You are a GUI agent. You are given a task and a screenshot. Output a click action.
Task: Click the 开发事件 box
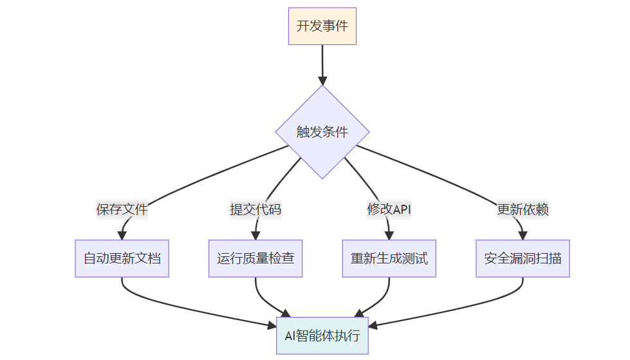322,26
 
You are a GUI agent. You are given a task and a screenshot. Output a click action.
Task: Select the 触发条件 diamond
322,132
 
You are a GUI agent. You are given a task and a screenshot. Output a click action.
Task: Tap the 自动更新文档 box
122,259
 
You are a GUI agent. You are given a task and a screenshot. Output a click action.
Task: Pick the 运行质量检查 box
255,259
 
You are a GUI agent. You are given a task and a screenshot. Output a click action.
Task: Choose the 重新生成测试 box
389,259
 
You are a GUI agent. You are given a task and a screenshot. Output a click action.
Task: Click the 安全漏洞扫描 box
523,259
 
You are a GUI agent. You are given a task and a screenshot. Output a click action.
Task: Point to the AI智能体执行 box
322,336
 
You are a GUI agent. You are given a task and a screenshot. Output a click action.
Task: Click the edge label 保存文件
122,209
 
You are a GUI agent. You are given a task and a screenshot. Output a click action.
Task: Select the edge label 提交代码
255,209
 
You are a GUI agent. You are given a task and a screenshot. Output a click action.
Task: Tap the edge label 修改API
389,209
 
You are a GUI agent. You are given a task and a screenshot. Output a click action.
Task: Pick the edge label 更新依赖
523,209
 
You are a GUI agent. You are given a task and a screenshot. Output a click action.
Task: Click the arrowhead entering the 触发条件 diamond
322,81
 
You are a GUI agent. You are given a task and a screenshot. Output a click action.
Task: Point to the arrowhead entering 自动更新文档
122,236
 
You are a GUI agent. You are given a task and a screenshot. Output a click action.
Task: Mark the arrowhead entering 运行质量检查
255,236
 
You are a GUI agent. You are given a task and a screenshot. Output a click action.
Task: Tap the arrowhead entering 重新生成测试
389,236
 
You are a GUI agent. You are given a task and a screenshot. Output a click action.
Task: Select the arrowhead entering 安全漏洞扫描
523,236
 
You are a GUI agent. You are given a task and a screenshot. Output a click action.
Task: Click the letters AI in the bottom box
290,336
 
